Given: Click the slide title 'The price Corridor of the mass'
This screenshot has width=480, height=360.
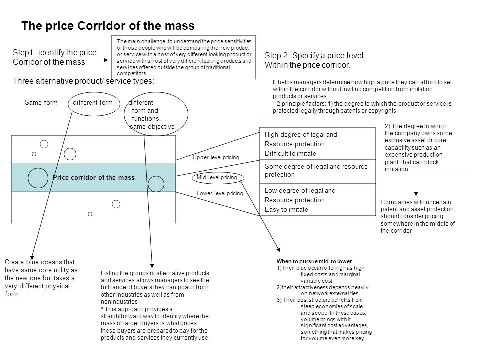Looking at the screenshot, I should (107, 25).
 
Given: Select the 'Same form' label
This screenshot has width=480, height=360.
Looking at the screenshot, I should (41, 103).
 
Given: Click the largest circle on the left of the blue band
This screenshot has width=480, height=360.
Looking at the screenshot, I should (38, 178).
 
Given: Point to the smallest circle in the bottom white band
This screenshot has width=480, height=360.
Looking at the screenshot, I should (90, 214).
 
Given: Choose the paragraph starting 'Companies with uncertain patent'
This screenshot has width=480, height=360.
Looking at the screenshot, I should (418, 216).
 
